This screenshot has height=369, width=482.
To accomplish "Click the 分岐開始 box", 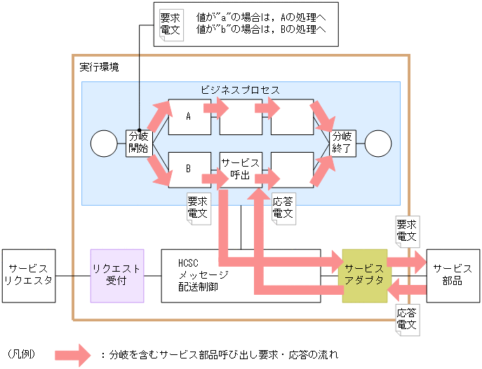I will [x=138, y=143].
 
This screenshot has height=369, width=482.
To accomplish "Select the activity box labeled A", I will [x=189, y=117].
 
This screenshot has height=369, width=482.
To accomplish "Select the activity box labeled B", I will [x=189, y=169].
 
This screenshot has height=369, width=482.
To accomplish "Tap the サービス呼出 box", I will [x=241, y=169].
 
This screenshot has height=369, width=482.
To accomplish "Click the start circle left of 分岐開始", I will [x=104, y=144].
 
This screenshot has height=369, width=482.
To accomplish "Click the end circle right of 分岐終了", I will [x=378, y=144].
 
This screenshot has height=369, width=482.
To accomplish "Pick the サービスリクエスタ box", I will [x=28, y=275].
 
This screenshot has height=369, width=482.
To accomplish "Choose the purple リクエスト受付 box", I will [x=117, y=275].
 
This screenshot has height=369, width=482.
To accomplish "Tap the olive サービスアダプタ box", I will [x=364, y=275].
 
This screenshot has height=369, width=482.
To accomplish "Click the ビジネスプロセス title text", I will [x=240, y=90].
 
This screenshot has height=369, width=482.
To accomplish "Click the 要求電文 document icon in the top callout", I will [x=170, y=24].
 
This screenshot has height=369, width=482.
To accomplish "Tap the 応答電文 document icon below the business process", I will [x=282, y=207].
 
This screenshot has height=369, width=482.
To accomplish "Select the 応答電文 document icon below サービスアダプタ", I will [x=406, y=319].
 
